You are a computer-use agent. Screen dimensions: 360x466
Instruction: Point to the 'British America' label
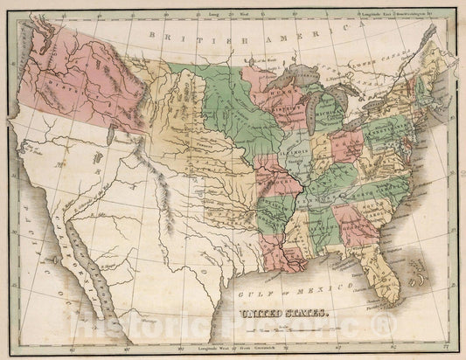tap(211, 35)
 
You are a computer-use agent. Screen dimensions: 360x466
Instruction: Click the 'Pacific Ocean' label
tap(35, 201)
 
